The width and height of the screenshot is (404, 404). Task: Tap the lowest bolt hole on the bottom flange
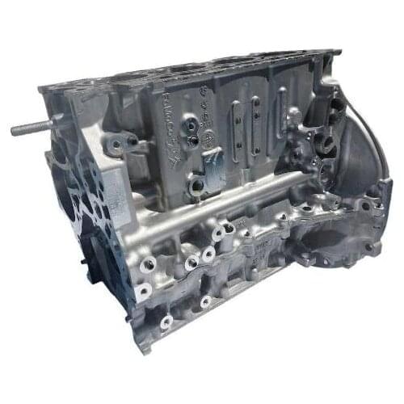[x=166, y=322]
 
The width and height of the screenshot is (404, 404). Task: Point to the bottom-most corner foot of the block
[x=145, y=344]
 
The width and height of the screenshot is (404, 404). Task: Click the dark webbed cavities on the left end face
[x=85, y=202]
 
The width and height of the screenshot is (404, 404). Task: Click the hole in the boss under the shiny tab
[x=196, y=187]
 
